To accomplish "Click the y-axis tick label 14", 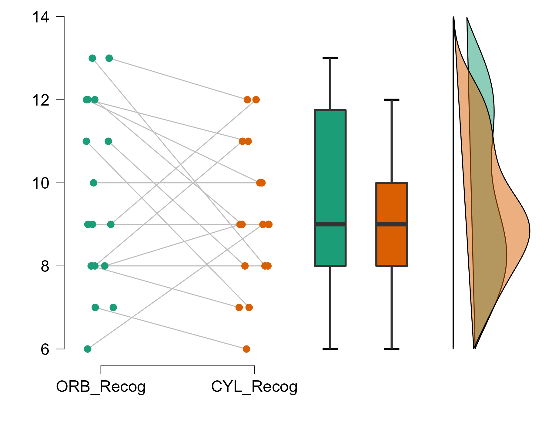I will click(x=41, y=17).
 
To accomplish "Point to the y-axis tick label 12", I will click(x=41, y=100).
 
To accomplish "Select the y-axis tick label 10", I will click(x=41, y=183).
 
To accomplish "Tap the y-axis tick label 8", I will click(x=45, y=266).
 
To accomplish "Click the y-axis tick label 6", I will click(x=45, y=349).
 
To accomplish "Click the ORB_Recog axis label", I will click(x=101, y=387).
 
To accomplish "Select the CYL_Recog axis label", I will click(x=254, y=387).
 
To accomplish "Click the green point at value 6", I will click(x=88, y=349).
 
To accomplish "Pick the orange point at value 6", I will click(x=246, y=349).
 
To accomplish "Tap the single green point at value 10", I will click(x=94, y=183).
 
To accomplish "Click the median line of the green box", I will click(x=330, y=224).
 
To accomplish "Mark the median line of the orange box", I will click(x=392, y=224).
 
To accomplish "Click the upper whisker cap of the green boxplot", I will click(x=330, y=58).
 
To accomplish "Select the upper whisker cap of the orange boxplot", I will click(x=392, y=100).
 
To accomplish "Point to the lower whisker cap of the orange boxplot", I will click(x=392, y=349).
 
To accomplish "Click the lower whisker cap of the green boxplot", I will click(x=330, y=349).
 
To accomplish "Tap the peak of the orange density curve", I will click(x=530, y=231).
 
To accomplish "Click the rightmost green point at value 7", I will click(x=113, y=308).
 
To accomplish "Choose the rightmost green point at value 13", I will click(x=109, y=58).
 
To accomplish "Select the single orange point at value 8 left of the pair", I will click(x=245, y=266).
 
